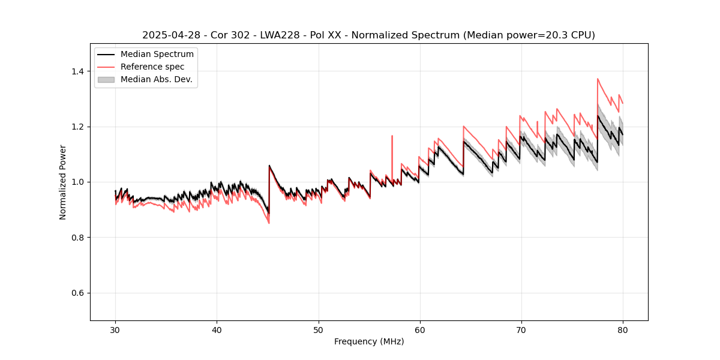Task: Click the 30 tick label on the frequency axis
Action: click(115, 330)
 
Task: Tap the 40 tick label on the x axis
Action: click(217, 330)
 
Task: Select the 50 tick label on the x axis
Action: click(318, 330)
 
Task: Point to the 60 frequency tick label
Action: click(419, 330)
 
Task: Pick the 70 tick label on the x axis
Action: click(521, 330)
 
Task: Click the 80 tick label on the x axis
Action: click(622, 330)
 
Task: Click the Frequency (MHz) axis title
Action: click(369, 341)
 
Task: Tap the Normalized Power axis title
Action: click(63, 182)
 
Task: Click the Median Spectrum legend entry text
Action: click(157, 55)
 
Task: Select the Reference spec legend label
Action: click(152, 67)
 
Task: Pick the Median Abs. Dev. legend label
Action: click(156, 79)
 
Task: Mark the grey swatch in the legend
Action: click(106, 79)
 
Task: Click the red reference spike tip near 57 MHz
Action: click(392, 136)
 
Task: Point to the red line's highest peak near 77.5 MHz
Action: click(598, 79)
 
